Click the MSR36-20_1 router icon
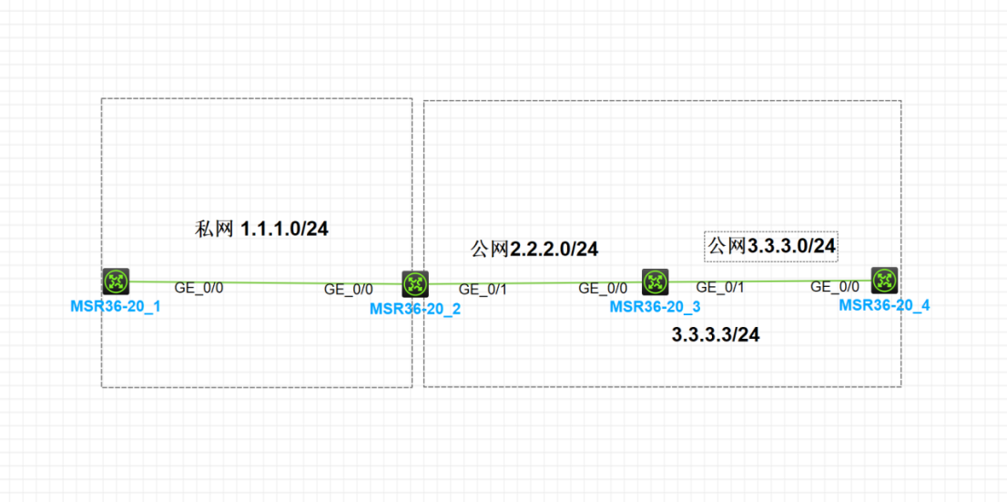[x=116, y=282]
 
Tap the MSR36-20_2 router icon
[x=415, y=284]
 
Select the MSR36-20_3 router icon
[x=656, y=282]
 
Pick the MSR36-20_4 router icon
[x=884, y=280]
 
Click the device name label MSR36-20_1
[x=116, y=306]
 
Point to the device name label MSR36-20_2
[x=415, y=309]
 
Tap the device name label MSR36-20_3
[x=656, y=307]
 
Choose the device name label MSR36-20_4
[x=884, y=305]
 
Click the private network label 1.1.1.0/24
[x=262, y=229]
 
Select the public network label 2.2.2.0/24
[x=534, y=249]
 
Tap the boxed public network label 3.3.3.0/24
[x=772, y=245]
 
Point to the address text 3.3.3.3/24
[x=716, y=335]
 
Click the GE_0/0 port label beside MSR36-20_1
[x=198, y=288]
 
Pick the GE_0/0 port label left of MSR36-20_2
[x=349, y=290]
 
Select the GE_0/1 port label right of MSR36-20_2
[x=483, y=290]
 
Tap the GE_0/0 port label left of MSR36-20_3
[x=603, y=289]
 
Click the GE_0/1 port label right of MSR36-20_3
[x=720, y=288]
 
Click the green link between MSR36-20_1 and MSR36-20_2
[x=264, y=282]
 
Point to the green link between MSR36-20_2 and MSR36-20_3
[x=537, y=283]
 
